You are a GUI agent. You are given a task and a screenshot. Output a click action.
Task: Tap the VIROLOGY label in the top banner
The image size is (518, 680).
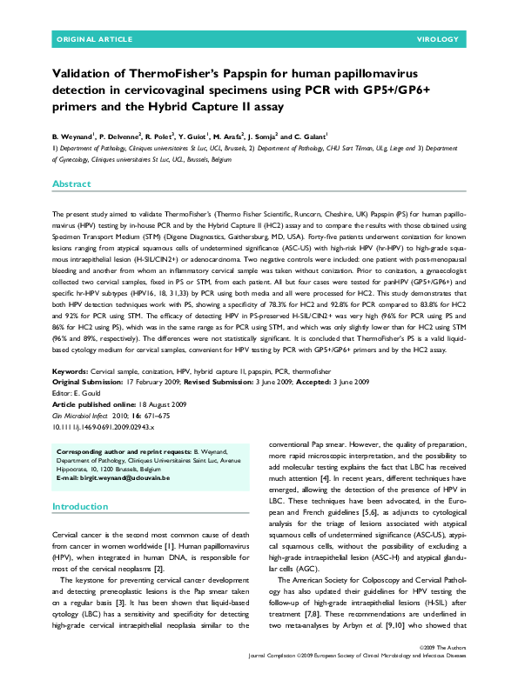coord(443,40)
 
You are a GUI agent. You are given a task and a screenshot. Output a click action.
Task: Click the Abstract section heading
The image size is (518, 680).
coord(71,184)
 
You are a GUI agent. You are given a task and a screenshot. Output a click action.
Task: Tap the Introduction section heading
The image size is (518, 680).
coord(80,506)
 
